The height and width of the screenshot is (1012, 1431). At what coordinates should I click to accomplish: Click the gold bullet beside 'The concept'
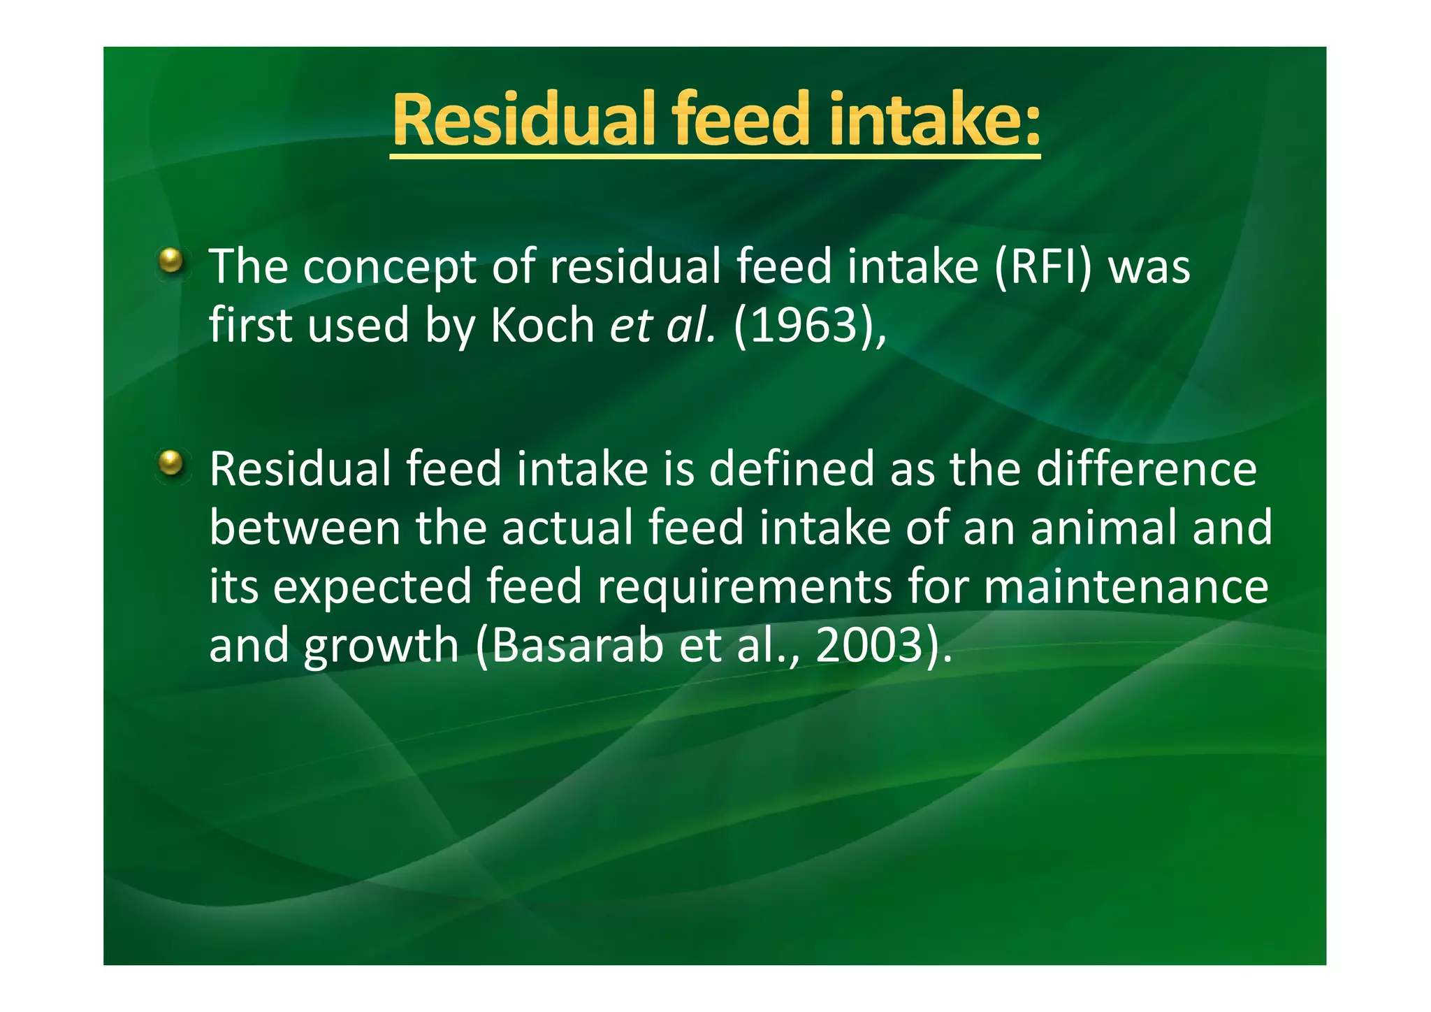click(170, 262)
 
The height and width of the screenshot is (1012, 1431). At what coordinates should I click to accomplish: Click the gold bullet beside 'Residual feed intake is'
click(170, 463)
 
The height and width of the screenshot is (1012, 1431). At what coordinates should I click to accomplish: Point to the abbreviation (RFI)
click(1041, 267)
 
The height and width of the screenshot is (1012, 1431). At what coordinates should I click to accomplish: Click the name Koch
click(542, 326)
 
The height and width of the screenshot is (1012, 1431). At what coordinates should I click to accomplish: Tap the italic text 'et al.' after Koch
click(662, 326)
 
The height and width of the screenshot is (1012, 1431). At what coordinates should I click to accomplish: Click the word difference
click(1146, 469)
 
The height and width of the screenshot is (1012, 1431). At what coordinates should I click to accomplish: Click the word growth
click(381, 647)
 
